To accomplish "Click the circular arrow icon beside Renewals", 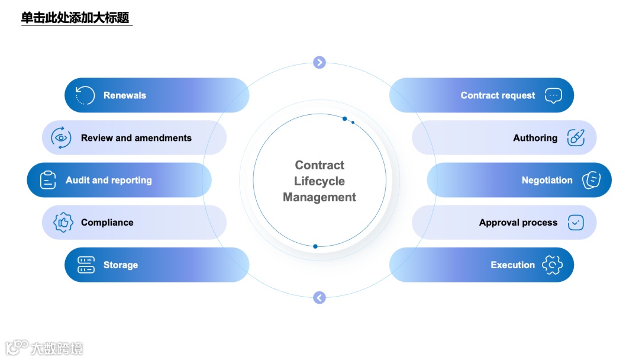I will coord(85,95).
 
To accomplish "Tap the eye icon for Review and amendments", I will coord(61,138).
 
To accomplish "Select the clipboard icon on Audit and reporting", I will coord(48,180).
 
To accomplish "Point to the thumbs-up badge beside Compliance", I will coord(63,223).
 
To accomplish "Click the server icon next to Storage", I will coord(86,265).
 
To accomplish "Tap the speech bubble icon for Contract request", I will coord(553,95).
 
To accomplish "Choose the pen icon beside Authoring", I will coord(576,138).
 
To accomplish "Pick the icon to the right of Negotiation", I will coord(591,180).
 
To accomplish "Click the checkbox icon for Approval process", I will coord(576,223).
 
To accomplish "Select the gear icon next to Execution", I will coord(553,265).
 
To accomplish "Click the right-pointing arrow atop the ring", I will coord(319,62).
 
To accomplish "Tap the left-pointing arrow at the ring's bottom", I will coord(319,298).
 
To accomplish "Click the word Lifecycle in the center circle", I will coord(319,181).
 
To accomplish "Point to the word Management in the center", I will coord(319,197).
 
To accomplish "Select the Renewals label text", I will coord(125,95).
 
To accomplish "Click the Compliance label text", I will coord(107,223).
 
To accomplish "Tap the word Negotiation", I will coord(547,180).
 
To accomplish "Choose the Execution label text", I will coord(512,265).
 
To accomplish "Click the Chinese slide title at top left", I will coord(75,18).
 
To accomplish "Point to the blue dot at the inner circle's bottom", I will coord(315,246).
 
